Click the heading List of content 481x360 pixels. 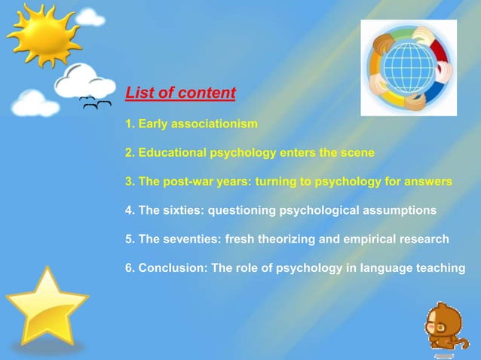[180, 93]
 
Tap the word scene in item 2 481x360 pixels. [358, 152]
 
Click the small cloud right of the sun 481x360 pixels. [90, 16]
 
